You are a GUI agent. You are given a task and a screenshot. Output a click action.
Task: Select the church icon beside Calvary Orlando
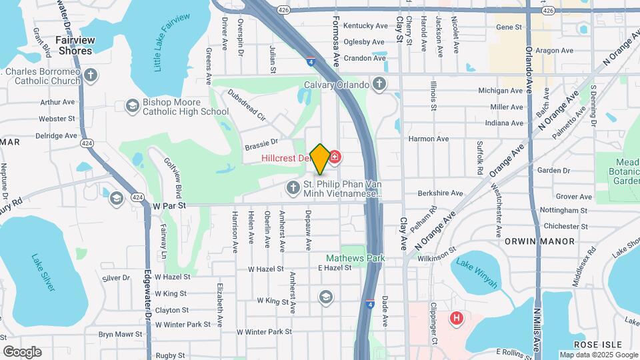coord(379,85)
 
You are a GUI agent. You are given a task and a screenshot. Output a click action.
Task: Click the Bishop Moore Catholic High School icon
coord(131,107)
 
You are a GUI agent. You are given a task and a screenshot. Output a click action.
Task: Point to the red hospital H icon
coord(457,319)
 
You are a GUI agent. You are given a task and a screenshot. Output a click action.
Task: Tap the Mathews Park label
coord(347,257)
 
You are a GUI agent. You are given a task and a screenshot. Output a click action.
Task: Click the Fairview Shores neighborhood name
coord(75,45)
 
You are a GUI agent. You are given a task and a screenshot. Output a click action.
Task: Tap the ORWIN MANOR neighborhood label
coord(539,241)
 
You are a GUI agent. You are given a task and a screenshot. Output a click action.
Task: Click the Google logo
coord(22,351)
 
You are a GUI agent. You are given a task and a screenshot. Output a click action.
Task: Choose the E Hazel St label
coord(335,267)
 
